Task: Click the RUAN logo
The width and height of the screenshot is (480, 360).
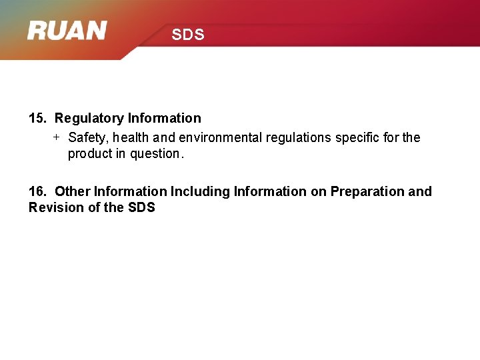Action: pyautogui.click(x=67, y=31)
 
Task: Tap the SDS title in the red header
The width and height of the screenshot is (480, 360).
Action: pyautogui.click(x=187, y=35)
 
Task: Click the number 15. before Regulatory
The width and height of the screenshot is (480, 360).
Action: pyautogui.click(x=37, y=119)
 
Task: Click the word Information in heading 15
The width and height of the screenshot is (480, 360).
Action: pyautogui.click(x=164, y=119)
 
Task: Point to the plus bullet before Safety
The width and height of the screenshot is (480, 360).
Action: pyautogui.click(x=57, y=137)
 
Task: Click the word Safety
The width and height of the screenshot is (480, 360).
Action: pyautogui.click(x=89, y=138)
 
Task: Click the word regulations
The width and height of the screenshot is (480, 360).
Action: pyautogui.click(x=298, y=138)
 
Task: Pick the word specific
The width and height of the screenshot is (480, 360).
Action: pyautogui.click(x=359, y=138)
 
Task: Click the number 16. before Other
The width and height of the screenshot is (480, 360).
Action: pyautogui.click(x=37, y=192)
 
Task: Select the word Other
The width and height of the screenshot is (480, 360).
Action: pyautogui.click(x=73, y=192)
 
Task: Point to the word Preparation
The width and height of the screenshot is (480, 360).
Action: pyautogui.click(x=367, y=192)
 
